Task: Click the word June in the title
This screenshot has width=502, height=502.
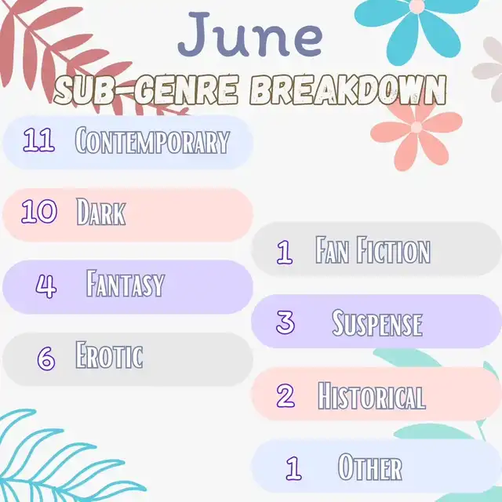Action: (250, 35)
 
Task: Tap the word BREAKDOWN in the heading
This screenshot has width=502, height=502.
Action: (348, 90)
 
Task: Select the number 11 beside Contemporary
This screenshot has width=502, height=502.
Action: (38, 140)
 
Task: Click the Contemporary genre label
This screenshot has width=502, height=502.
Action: (152, 140)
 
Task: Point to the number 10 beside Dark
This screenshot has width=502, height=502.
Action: (39, 211)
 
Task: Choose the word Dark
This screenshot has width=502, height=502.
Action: (101, 211)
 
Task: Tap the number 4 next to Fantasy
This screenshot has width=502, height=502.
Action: (46, 286)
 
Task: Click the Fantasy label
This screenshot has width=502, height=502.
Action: (125, 283)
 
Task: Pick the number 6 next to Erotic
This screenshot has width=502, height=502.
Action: (46, 358)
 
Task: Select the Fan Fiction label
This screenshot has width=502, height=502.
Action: (373, 249)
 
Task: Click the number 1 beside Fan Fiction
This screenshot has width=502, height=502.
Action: (285, 253)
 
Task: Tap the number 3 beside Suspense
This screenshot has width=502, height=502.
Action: (286, 322)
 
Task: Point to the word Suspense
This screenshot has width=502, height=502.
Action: (377, 322)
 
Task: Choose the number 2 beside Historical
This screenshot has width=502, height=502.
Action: (286, 395)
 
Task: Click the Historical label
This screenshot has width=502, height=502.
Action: (371, 395)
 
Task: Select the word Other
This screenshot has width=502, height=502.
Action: (369, 467)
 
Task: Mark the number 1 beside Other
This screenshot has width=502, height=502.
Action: (293, 468)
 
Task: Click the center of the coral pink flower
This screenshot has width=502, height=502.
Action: (417, 127)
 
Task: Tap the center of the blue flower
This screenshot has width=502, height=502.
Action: (417, 6)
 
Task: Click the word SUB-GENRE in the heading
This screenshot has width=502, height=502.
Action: (147, 90)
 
